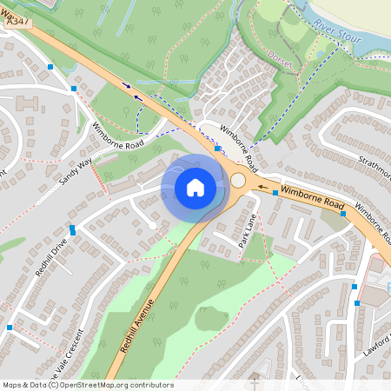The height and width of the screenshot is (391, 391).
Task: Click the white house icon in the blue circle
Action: pos(195,187)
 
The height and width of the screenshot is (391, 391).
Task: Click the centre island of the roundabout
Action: pos(238,181)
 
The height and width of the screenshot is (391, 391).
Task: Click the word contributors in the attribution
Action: pos(149,385)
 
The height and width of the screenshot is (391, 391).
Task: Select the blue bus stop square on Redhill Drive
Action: pos(73,230)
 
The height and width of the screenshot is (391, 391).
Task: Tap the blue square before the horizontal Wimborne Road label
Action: pos(275,193)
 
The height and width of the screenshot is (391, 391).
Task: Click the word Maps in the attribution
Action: pos(12,385)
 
